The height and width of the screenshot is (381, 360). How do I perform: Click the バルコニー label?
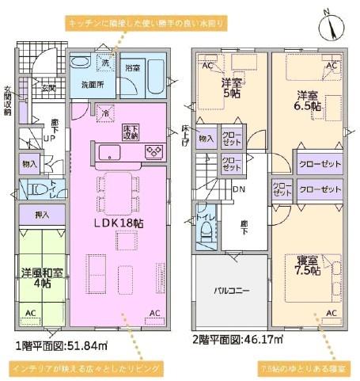click(232, 291)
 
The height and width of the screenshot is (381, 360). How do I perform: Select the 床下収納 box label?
click(131, 131)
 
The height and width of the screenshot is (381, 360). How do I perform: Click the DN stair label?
click(241, 190)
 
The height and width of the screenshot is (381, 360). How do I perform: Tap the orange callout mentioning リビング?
click(86, 368)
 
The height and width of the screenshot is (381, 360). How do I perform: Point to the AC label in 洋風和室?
click(29, 314)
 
